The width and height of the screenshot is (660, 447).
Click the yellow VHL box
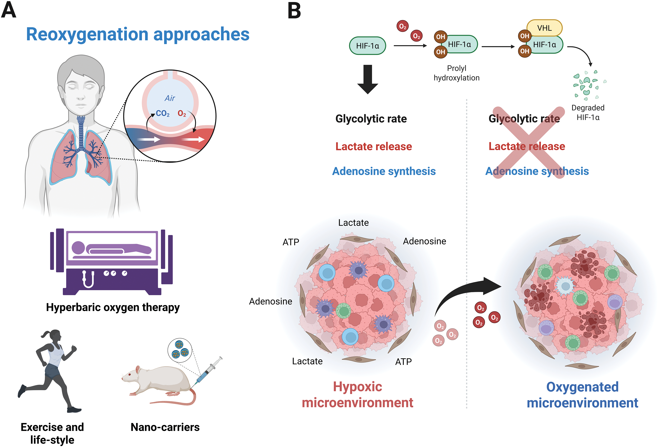544,28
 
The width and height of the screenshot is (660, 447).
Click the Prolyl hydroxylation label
456,73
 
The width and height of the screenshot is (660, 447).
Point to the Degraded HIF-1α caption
588,112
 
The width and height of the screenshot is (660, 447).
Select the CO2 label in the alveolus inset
163,114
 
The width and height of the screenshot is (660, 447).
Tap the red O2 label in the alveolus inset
182,114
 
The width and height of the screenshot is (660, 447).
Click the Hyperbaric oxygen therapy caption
113,307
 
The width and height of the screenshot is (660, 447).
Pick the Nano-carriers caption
165,427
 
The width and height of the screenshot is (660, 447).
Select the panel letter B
294,11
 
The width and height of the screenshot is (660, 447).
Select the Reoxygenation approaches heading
138,34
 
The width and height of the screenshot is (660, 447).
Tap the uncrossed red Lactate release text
373,146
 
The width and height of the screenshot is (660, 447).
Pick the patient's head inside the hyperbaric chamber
78,248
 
